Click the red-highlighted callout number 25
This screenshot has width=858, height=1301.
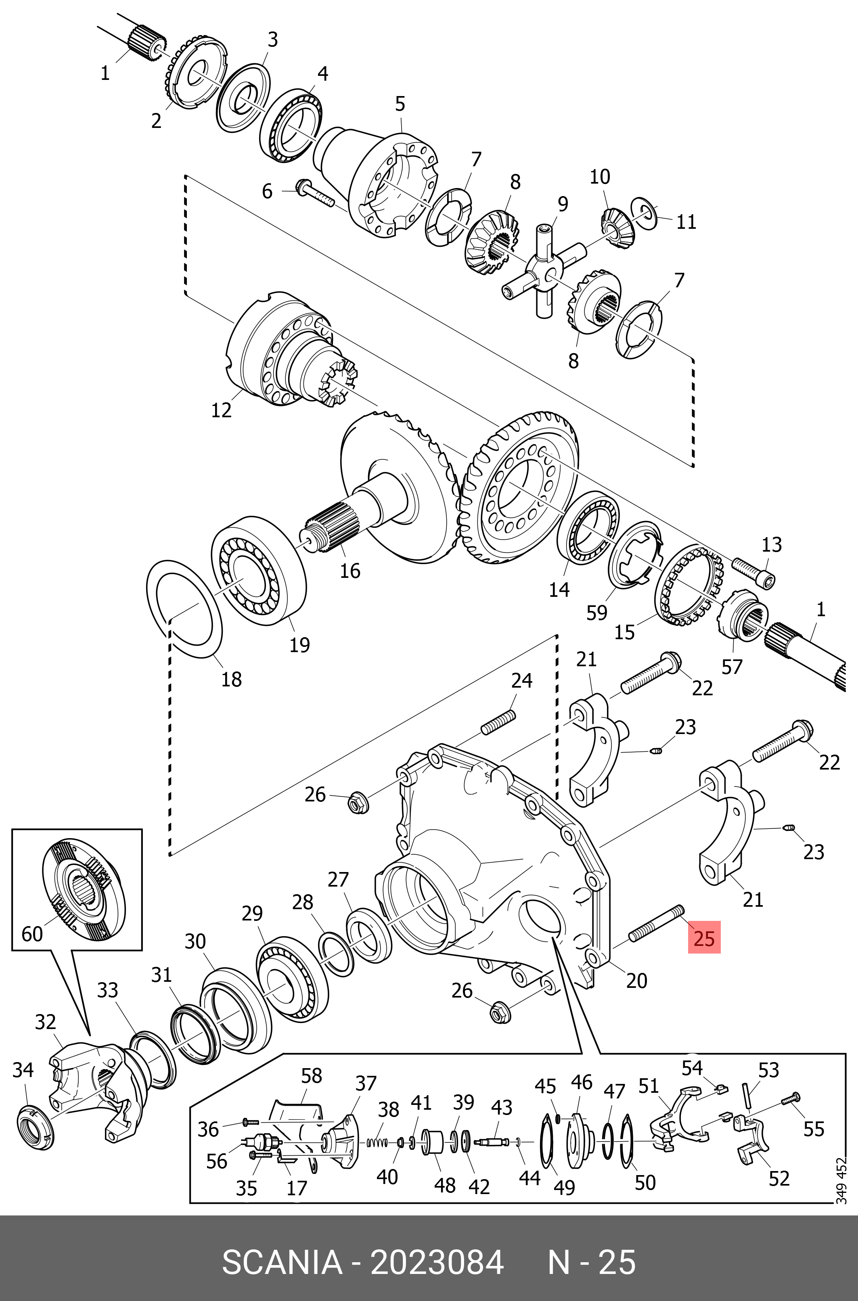[x=704, y=938]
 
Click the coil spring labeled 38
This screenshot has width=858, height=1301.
[x=377, y=1142]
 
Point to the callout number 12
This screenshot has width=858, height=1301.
[x=221, y=409]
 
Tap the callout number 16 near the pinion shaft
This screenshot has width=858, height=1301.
[x=349, y=571]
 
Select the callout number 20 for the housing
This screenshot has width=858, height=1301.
[x=636, y=981]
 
